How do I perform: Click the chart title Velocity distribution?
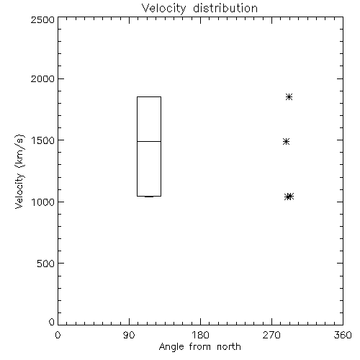click(199, 8)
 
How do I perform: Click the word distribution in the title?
click(225, 8)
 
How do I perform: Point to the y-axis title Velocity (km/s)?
click(19, 171)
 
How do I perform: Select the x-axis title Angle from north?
click(199, 347)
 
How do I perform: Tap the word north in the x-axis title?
click(229, 347)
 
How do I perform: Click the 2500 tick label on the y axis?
click(42, 19)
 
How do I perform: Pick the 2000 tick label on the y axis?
click(42, 78)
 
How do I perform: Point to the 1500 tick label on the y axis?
click(43, 140)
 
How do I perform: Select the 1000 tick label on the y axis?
click(43, 202)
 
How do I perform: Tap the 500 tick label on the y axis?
click(46, 264)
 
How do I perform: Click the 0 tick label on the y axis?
click(52, 322)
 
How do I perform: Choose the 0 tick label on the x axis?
click(58, 335)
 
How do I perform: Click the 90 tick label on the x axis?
click(129, 335)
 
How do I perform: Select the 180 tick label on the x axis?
click(200, 335)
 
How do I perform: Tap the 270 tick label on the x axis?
click(271, 335)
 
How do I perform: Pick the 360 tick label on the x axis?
click(343, 335)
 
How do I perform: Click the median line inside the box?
click(149, 141)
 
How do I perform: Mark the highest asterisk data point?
click(289, 97)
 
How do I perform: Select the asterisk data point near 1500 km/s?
click(286, 142)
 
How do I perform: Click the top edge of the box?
click(149, 96)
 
